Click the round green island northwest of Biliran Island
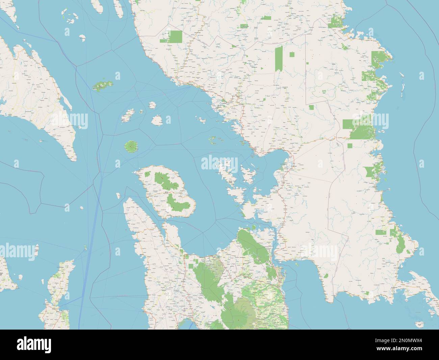(x=131, y=147)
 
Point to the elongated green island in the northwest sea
(x=101, y=86)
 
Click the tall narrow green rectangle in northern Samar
(x=279, y=58)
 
